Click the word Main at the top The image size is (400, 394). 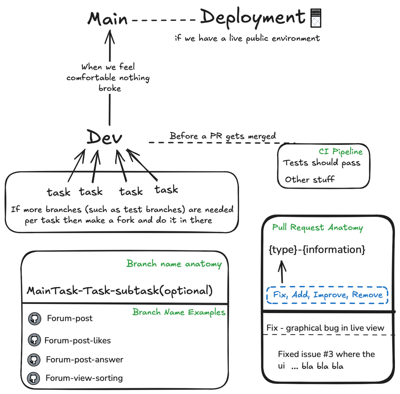pyautogui.click(x=108, y=19)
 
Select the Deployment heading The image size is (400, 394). pyautogui.click(x=253, y=17)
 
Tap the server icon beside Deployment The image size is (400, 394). pyautogui.click(x=316, y=18)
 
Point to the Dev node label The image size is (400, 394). pyautogui.click(x=105, y=137)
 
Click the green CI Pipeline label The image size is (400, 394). pyautogui.click(x=340, y=151)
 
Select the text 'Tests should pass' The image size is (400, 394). pyautogui.click(x=321, y=163)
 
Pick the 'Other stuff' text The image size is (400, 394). pyautogui.click(x=310, y=179)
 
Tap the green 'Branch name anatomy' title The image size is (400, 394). pyautogui.click(x=174, y=264)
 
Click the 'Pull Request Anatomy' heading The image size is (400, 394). pyautogui.click(x=318, y=228)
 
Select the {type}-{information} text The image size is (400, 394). pyautogui.click(x=317, y=250)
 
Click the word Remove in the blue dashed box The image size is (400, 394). pyautogui.click(x=367, y=295)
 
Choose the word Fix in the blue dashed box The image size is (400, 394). pyautogui.click(x=280, y=295)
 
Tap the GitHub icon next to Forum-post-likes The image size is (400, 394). pyautogui.click(x=34, y=340)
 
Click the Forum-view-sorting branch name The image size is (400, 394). pyautogui.click(x=84, y=378)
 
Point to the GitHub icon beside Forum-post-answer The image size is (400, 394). pyautogui.click(x=34, y=360)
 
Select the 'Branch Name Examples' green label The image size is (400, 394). pyautogui.click(x=179, y=312)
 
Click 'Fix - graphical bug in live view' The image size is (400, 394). pyautogui.click(x=325, y=328)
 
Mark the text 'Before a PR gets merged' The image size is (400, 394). pyautogui.click(x=223, y=136)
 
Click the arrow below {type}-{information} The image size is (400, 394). pyautogui.click(x=282, y=271)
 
